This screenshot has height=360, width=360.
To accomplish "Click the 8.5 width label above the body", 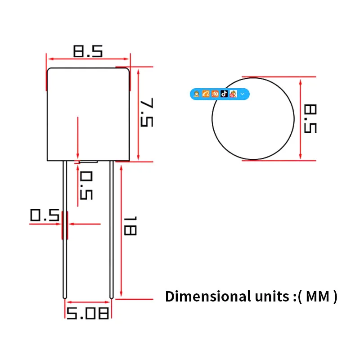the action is click(88, 51).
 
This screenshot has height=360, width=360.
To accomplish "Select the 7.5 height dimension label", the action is click(147, 112).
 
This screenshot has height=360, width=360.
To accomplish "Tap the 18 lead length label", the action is click(130, 226).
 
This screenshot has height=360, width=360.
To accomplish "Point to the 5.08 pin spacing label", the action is click(87, 313).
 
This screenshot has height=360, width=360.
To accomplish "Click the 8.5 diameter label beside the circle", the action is click(310, 119).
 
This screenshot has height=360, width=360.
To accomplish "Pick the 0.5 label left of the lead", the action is click(45, 215).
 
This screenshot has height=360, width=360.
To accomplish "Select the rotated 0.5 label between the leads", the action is click(86, 185).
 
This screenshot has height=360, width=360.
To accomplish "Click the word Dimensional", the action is click(208, 297).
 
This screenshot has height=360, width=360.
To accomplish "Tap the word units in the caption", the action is click(272, 297).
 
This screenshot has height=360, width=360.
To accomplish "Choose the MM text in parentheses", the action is click(318, 297).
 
